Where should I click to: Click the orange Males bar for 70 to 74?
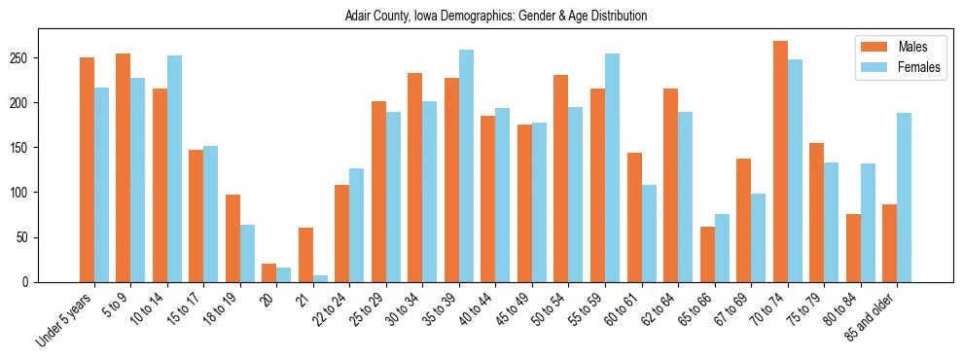(x=780, y=162)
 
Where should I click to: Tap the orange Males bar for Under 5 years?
(x=87, y=170)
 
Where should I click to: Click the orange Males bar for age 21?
(x=305, y=255)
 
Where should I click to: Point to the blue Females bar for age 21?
(x=320, y=278)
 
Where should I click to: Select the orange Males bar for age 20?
(x=269, y=273)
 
